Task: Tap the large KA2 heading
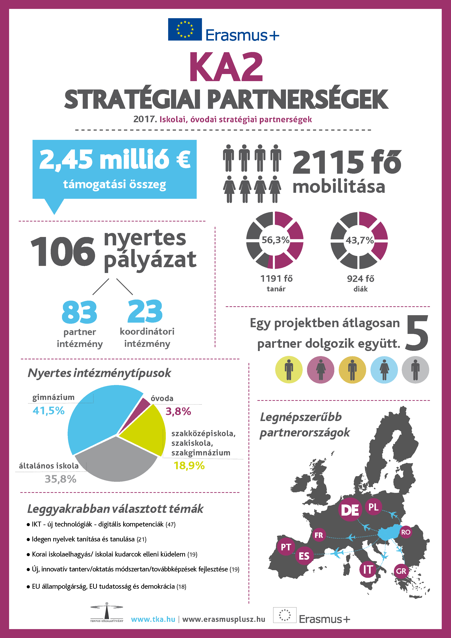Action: (x=226, y=67)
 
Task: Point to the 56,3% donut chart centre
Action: (x=275, y=240)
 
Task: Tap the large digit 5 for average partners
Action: (x=417, y=333)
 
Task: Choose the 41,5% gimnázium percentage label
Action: (x=49, y=410)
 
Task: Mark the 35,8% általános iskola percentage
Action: (x=61, y=479)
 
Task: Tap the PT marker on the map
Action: (x=286, y=547)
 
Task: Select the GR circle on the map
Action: (x=401, y=571)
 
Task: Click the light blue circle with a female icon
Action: (x=384, y=370)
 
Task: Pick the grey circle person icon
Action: (x=415, y=370)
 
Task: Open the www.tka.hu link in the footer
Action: (x=153, y=619)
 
